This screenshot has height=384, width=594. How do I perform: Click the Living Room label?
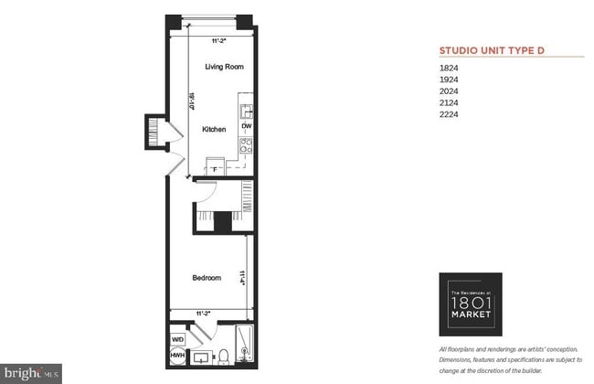(224, 67)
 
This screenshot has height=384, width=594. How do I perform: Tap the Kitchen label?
(214, 130)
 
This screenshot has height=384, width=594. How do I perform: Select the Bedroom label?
(207, 278)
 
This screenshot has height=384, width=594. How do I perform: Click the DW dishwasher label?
(247, 126)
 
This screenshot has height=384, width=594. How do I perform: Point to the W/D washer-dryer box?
(177, 338)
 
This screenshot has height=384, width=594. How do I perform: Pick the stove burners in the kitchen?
(246, 144)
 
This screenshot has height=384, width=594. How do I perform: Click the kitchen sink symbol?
(246, 112)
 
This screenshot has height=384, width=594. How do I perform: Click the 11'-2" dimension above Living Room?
(219, 41)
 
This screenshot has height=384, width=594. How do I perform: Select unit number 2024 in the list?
(449, 91)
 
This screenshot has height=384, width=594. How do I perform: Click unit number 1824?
(449, 68)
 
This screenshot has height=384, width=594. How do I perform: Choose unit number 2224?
(449, 115)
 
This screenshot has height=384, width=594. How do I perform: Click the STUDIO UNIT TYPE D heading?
(492, 51)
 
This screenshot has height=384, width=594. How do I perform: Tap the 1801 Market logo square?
(471, 300)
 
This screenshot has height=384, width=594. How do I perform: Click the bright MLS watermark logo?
(31, 373)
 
